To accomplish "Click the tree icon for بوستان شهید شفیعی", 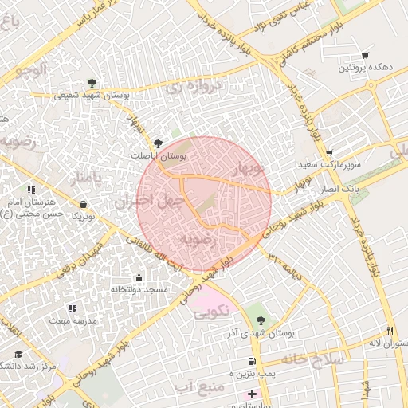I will [x=92, y=82].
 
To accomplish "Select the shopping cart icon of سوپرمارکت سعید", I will [x=329, y=153].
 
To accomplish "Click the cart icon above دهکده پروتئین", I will [x=365, y=55].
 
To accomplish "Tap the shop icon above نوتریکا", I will [x=83, y=204].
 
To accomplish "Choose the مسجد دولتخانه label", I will [x=139, y=289].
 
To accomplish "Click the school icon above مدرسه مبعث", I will [x=73, y=308].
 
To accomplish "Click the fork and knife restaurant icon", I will [x=390, y=331].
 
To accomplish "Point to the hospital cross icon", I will [x=253, y=394].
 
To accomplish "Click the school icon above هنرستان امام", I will [x=31, y=190].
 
